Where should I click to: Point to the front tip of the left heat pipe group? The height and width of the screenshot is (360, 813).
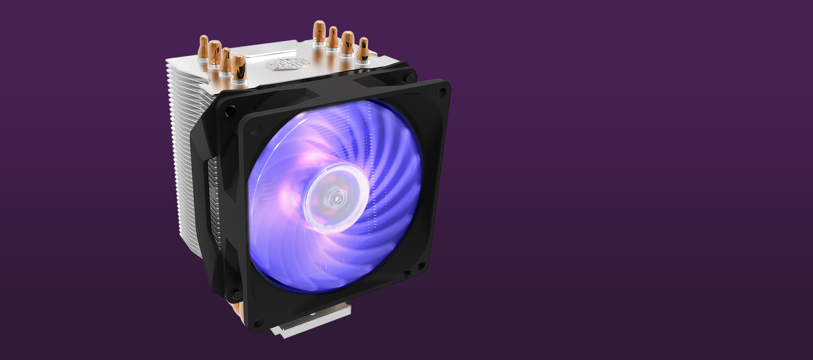238,67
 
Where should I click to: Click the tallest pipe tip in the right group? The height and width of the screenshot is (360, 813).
319,33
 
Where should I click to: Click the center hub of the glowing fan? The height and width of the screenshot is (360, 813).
337,197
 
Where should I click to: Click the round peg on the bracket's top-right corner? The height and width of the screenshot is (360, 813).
410,77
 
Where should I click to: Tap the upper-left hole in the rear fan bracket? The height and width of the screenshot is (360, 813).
230,111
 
